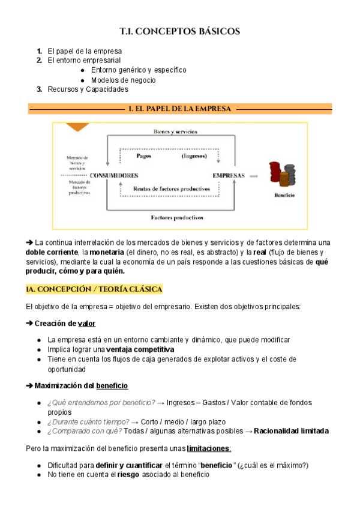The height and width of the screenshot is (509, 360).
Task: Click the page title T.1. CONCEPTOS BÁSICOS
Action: point(180,31)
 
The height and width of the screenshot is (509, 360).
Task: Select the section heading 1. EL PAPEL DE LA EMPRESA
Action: point(180,109)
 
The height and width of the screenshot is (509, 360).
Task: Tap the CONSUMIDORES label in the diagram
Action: point(114,175)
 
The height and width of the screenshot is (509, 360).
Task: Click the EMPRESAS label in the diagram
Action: point(229,175)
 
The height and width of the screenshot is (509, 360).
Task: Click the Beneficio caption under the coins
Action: point(284,196)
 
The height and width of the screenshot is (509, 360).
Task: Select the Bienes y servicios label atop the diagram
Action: point(175,131)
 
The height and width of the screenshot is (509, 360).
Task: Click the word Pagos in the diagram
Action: point(143,155)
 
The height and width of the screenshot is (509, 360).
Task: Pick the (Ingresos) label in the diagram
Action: point(194,155)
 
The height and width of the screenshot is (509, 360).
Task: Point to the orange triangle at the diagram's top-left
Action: point(77,127)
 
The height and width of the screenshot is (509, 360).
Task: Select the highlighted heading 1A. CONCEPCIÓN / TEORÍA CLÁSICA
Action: point(94,289)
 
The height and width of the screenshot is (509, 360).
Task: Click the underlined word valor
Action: point(87,324)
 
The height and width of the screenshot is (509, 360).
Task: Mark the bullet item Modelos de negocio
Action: point(123,80)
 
